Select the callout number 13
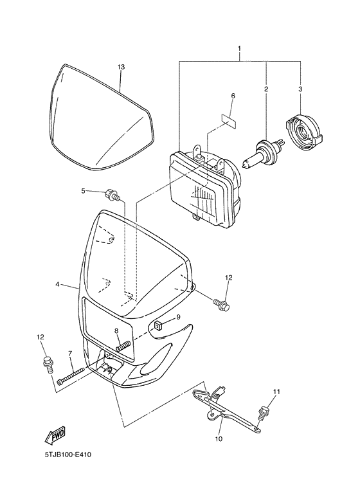(120, 67)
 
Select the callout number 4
(57, 283)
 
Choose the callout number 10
(218, 439)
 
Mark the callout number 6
(233, 96)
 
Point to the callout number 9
(178, 317)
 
